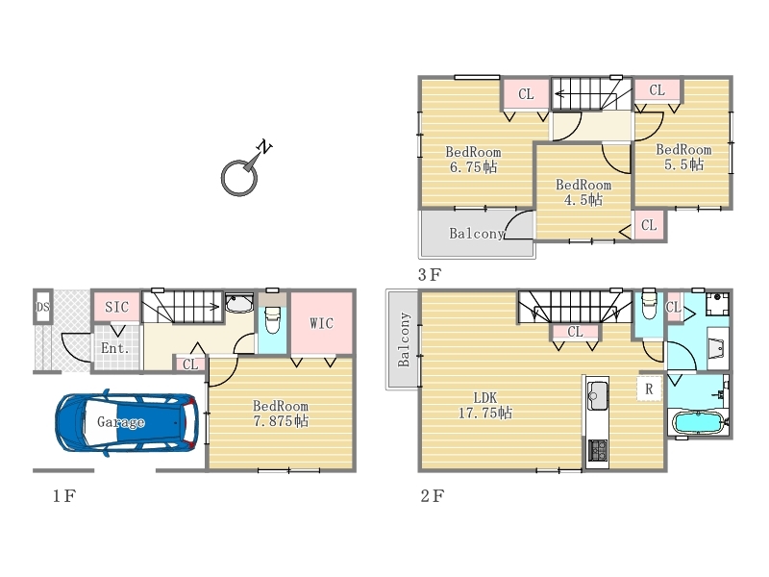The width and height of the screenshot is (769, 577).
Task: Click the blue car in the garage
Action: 128,422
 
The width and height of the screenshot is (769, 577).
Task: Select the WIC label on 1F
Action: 321,323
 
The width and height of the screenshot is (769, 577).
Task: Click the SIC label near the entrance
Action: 116,307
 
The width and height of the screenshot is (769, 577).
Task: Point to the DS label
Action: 42,307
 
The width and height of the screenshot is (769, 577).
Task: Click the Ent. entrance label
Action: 114,348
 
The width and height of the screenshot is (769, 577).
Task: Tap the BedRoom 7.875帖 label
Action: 281,414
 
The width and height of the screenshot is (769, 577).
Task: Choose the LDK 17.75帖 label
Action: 485,405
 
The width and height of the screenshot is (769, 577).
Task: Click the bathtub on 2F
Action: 699,423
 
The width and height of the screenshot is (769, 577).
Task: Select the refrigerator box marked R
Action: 649,389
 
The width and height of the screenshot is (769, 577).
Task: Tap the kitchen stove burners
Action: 597,449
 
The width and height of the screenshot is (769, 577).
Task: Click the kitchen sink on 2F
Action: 597,395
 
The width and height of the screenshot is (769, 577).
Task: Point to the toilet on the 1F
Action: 272,319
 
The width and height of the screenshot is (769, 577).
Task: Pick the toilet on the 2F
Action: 649,304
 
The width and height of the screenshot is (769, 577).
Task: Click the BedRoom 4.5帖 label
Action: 583,191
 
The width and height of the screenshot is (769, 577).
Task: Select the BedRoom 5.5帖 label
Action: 683,157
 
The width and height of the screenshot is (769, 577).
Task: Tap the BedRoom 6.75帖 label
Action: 473,160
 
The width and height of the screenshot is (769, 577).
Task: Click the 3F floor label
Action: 429,275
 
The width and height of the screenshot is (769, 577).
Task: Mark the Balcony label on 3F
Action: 477,234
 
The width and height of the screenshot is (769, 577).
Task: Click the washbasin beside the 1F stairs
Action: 238,304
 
